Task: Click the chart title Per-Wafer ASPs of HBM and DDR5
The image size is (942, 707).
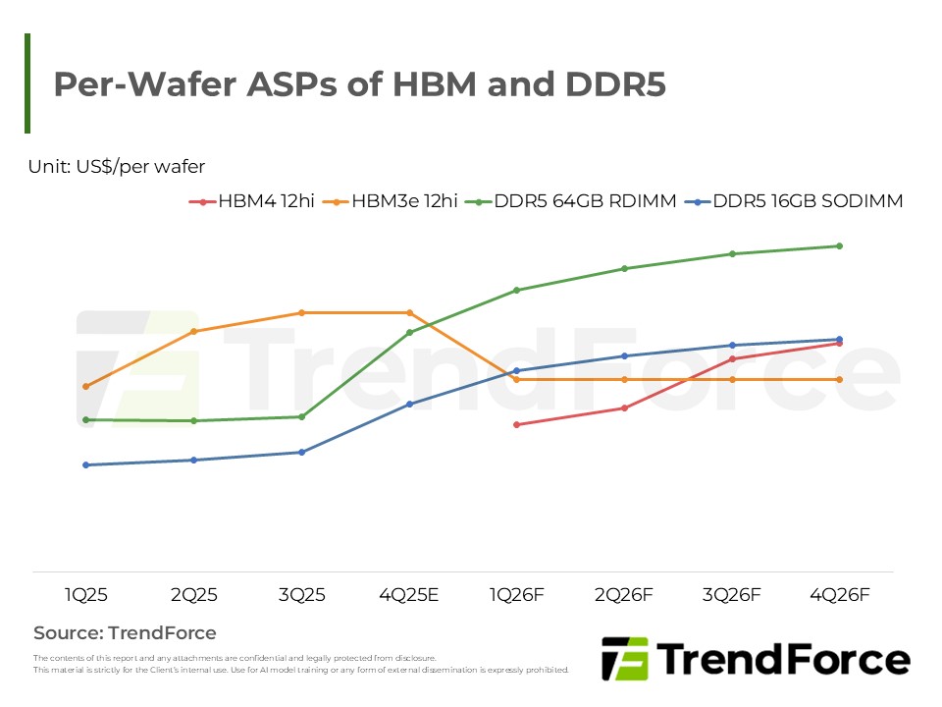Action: point(359,84)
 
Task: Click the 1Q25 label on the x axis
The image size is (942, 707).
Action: point(86,595)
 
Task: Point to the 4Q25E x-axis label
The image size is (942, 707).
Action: point(409,595)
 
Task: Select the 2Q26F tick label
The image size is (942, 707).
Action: point(624,595)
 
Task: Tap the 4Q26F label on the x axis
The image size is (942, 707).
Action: point(839,595)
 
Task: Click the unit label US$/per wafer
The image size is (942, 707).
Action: point(117,167)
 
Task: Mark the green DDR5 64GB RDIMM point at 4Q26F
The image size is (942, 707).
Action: point(839,245)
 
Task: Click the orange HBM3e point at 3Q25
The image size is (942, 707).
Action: point(302,312)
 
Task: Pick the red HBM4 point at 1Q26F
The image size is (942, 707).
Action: point(517,424)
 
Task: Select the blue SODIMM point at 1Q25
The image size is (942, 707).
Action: point(86,464)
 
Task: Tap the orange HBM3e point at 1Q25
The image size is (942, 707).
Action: point(86,386)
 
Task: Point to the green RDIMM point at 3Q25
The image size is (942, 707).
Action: point(302,416)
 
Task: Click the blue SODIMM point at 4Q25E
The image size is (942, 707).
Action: point(409,404)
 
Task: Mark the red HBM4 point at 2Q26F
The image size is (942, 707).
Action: point(624,408)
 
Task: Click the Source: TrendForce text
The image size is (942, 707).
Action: point(125,633)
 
